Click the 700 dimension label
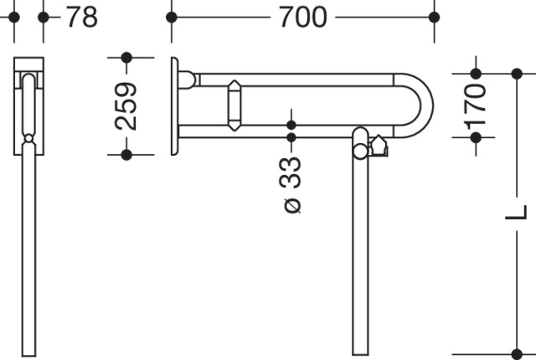(x=303, y=17)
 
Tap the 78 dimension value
(x=82, y=17)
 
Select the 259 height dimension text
(x=126, y=106)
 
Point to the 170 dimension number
(x=476, y=106)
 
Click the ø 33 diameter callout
(x=292, y=185)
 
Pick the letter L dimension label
(x=517, y=213)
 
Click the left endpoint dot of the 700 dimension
(x=172, y=17)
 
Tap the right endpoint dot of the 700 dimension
(x=434, y=17)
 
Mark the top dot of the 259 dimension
(x=126, y=58)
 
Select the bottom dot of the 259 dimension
(x=126, y=155)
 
